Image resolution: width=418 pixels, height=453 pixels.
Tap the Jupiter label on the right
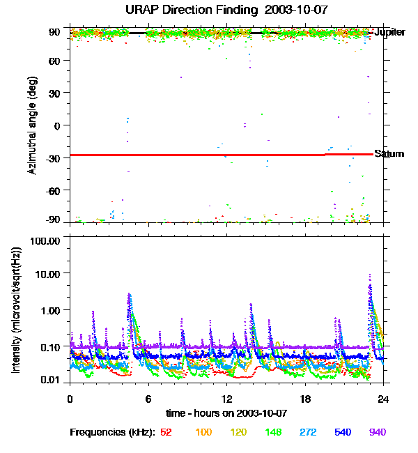389,33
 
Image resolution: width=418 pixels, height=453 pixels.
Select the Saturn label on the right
389,154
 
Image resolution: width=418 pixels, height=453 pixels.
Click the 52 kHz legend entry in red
166,432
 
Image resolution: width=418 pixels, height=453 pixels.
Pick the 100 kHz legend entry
203,432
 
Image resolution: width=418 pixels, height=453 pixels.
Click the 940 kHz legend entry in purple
377,432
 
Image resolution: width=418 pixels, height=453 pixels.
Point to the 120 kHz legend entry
239,432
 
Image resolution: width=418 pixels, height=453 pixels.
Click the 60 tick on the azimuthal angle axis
54,61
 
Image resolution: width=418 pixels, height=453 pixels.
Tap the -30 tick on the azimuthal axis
52,158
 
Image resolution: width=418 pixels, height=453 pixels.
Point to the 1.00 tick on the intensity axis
50,309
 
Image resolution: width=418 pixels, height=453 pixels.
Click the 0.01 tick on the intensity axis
50,380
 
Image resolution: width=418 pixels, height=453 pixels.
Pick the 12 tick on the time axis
226,399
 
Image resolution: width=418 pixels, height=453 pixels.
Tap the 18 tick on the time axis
305,399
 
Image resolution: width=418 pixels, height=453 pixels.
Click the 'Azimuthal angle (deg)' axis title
32,125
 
